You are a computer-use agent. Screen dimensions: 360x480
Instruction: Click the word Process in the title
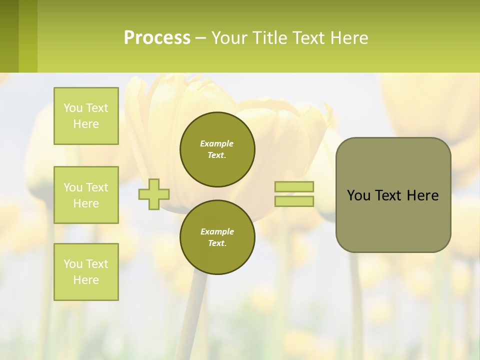157,38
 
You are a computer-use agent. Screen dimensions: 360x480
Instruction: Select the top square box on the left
86,116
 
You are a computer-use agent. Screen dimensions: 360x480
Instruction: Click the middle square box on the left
86,195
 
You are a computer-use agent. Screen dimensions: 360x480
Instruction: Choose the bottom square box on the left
86,272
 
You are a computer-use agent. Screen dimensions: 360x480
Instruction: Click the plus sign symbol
154,194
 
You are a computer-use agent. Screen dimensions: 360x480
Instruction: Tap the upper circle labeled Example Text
217,149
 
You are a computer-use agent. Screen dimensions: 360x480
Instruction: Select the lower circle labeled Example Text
217,237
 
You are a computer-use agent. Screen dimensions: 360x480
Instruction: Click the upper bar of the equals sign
294,187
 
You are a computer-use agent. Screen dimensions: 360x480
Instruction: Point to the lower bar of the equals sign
294,201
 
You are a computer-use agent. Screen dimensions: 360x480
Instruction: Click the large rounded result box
393,220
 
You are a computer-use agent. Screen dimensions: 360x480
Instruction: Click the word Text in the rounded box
388,195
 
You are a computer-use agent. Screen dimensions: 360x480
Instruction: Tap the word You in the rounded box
358,195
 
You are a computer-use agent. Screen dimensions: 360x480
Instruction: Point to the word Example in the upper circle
216,143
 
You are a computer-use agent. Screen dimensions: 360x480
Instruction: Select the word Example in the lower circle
217,231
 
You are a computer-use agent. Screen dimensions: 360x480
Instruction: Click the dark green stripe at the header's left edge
9,36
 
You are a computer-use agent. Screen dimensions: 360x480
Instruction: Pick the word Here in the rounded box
422,195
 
